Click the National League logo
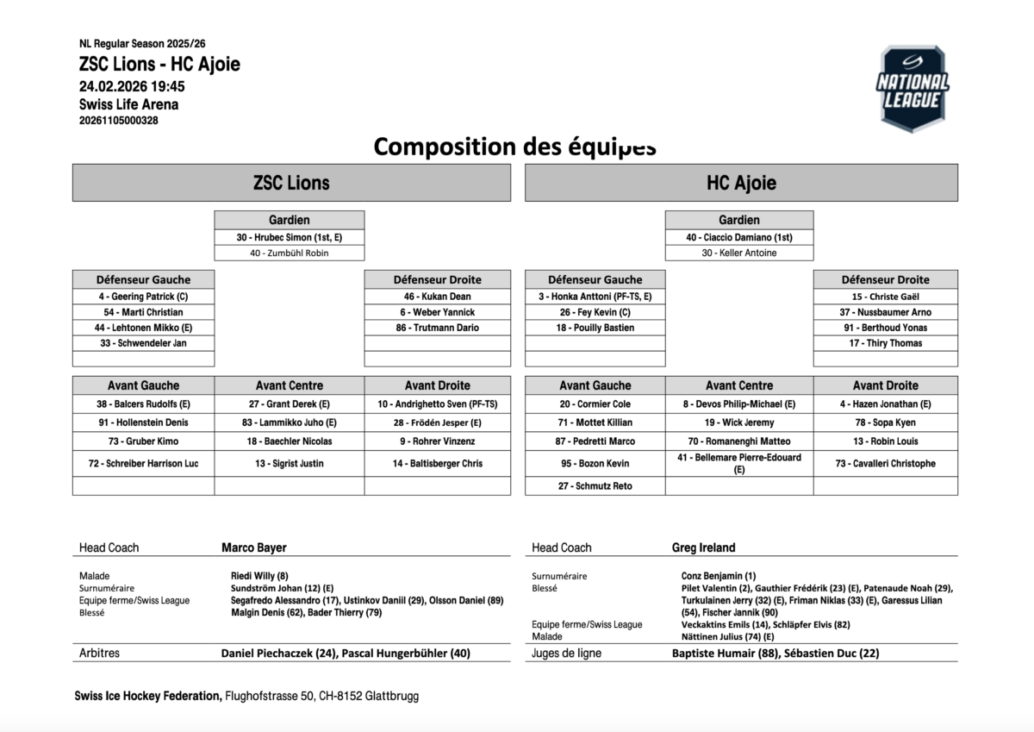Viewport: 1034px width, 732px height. pyautogui.click(x=912, y=89)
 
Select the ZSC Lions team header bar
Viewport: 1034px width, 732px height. pyautogui.click(x=291, y=183)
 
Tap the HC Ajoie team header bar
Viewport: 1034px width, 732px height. pyautogui.click(x=741, y=183)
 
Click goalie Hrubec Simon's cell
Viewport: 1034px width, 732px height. pyautogui.click(x=290, y=237)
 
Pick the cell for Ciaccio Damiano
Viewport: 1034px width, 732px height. pyautogui.click(x=739, y=237)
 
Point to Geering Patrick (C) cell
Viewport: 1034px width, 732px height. pyautogui.click(x=143, y=297)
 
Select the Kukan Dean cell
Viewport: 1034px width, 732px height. pyautogui.click(x=438, y=297)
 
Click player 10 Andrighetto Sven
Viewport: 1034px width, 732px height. pyautogui.click(x=438, y=404)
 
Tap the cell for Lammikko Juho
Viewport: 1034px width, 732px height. pyautogui.click(x=290, y=422)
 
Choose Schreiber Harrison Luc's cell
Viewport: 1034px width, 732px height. pyautogui.click(x=143, y=464)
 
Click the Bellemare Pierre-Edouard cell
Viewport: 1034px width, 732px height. pyautogui.click(x=739, y=464)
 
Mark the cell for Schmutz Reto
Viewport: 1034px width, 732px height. pyautogui.click(x=595, y=486)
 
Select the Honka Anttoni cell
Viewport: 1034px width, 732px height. pyautogui.click(x=595, y=297)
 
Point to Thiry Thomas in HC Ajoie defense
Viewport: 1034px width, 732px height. pyautogui.click(x=885, y=343)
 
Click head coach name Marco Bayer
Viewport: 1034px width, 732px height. pyautogui.click(x=254, y=547)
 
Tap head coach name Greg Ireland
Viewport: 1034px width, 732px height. pyautogui.click(x=704, y=547)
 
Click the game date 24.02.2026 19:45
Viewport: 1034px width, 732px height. pyautogui.click(x=132, y=86)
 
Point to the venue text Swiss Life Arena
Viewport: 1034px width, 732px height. pyautogui.click(x=129, y=104)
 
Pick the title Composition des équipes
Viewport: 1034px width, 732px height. pyautogui.click(x=514, y=147)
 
